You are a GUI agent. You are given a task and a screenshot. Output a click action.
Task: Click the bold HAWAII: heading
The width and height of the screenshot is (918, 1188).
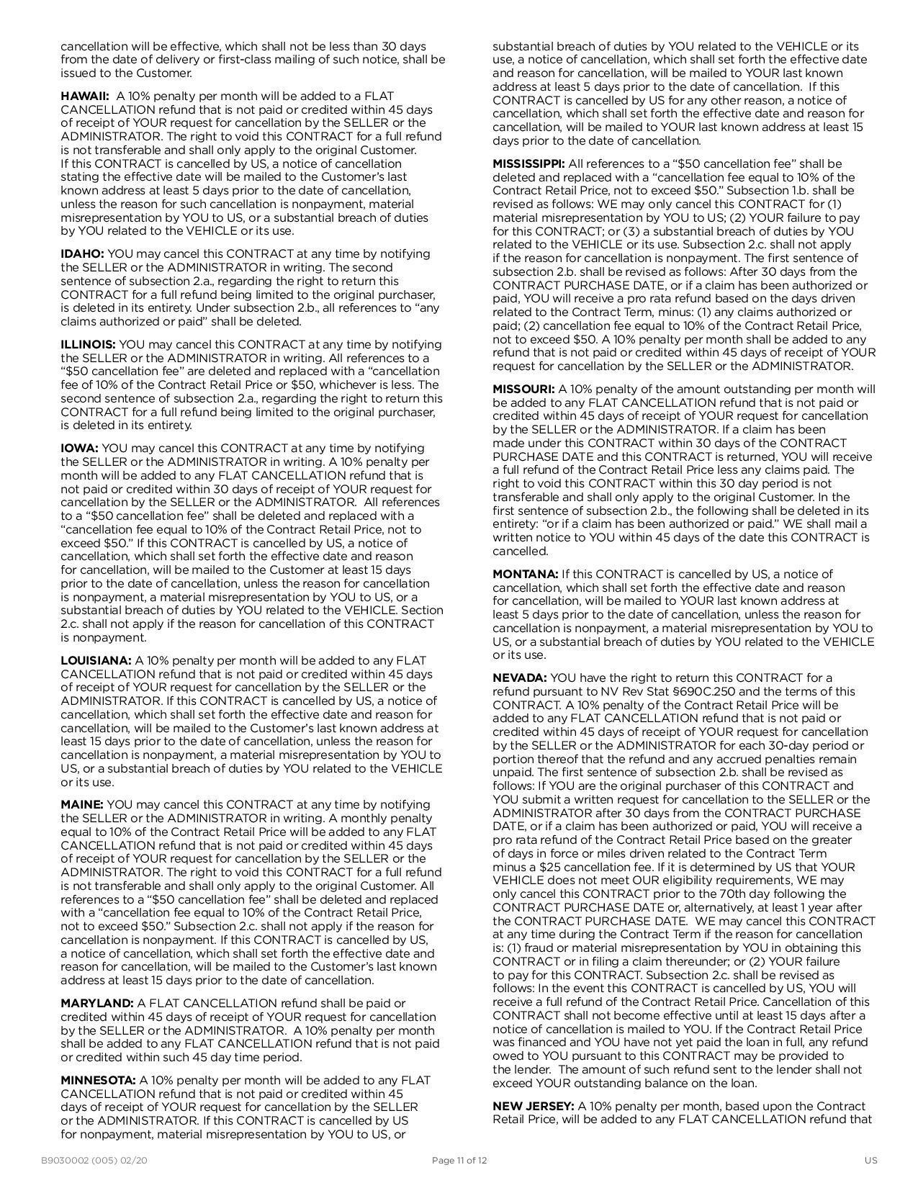pyautogui.click(x=85, y=96)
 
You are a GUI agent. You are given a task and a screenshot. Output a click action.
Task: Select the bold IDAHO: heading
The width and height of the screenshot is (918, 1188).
pyautogui.click(x=82, y=253)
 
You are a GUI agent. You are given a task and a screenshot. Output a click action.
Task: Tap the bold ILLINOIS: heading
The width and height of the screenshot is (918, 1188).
pyautogui.click(x=88, y=344)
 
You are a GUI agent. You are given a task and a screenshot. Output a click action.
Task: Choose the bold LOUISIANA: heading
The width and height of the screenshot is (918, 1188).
pyautogui.click(x=96, y=660)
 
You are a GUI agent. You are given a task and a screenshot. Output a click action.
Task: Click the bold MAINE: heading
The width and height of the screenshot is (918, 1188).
pyautogui.click(x=82, y=804)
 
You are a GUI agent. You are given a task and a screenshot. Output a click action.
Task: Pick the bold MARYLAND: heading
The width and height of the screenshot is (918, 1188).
pyautogui.click(x=97, y=1003)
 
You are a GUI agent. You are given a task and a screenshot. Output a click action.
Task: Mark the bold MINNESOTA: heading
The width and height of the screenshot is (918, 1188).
pyautogui.click(x=98, y=1080)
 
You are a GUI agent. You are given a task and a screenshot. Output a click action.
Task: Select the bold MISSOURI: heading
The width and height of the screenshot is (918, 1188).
pyautogui.click(x=523, y=389)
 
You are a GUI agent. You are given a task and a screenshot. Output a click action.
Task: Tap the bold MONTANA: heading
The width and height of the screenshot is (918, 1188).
pyautogui.click(x=525, y=574)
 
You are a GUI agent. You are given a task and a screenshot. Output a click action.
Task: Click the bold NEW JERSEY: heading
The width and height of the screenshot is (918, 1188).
pyautogui.click(x=533, y=1106)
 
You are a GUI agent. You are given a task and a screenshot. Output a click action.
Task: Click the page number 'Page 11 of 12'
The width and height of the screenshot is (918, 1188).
pyautogui.click(x=459, y=1160)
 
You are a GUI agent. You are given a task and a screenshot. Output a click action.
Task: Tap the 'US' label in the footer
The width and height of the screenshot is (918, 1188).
pyautogui.click(x=870, y=1160)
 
